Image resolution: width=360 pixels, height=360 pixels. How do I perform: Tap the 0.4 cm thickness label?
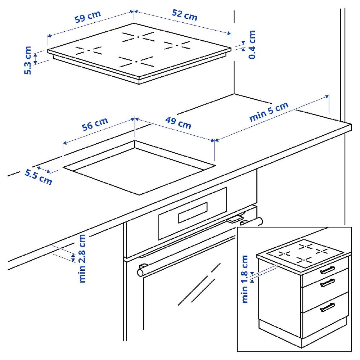[x=252, y=45]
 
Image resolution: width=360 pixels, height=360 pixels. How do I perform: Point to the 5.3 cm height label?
[x=28, y=60]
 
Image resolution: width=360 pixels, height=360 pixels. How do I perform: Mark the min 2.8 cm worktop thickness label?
[x=82, y=258]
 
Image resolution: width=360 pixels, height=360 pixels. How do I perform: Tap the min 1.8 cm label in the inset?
[x=246, y=279]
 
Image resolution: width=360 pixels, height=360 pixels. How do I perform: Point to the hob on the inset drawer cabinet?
[x=305, y=253]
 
